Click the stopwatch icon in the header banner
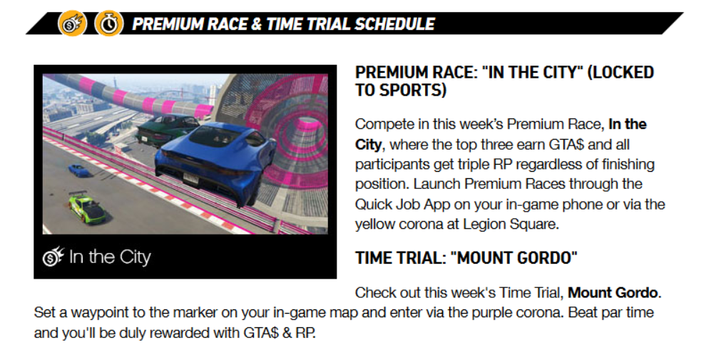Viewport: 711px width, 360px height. click(108, 24)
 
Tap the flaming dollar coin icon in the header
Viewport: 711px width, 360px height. click(72, 24)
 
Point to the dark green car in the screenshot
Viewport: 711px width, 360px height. click(168, 129)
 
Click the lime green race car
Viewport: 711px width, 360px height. click(88, 208)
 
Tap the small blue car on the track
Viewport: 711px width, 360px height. click(79, 170)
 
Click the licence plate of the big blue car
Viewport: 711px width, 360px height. click(191, 179)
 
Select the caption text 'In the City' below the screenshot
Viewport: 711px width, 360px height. click(110, 257)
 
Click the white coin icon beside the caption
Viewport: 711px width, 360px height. click(53, 257)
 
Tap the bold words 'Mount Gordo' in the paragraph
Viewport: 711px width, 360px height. click(613, 292)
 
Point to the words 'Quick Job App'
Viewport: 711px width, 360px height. click(403, 205)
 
